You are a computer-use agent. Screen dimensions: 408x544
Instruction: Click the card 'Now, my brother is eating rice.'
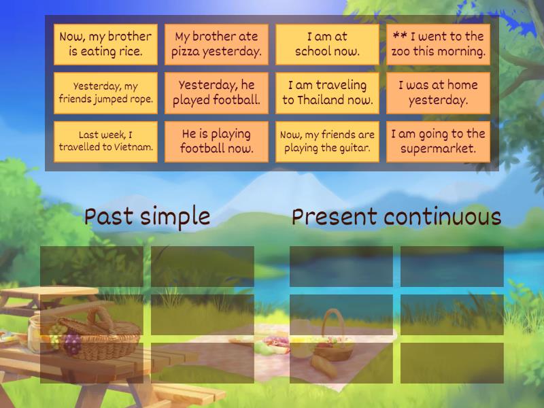tap(105, 44)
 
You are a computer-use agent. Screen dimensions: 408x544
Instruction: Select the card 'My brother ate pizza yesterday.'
tap(216, 44)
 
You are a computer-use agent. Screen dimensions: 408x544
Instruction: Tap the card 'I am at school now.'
tap(327, 44)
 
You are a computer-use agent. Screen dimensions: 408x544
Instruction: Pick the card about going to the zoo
tap(438, 44)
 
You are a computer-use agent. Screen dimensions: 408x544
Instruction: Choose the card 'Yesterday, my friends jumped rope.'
tap(105, 93)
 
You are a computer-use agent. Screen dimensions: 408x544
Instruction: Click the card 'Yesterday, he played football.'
tap(216, 93)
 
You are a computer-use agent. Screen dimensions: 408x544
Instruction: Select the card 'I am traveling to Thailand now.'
tap(327, 93)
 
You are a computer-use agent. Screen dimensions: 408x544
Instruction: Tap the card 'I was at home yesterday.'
tap(438, 93)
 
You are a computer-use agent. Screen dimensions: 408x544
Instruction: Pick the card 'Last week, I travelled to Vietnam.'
tap(105, 141)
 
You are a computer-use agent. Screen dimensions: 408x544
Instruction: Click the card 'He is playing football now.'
tap(216, 141)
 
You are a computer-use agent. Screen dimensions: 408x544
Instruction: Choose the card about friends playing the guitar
tap(327, 141)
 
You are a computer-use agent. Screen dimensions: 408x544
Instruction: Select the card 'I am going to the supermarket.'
tap(438, 141)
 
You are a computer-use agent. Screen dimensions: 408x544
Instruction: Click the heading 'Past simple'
tap(147, 217)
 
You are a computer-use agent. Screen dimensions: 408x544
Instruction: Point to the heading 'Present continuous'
tap(396, 217)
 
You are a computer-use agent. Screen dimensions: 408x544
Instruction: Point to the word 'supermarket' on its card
tap(438, 149)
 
